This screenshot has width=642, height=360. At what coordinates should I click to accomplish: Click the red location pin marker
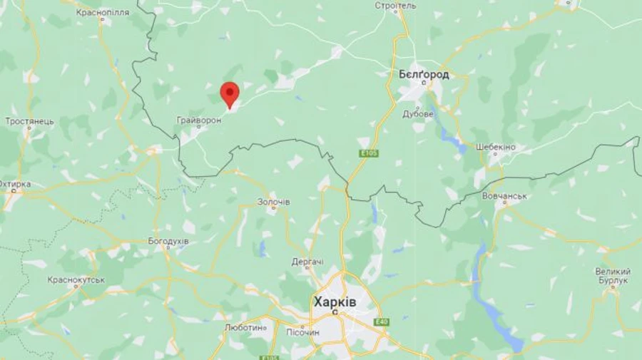[x=229, y=93]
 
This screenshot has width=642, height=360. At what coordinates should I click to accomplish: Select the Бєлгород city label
[x=424, y=74]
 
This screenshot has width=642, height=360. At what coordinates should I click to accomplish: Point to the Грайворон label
[x=199, y=120]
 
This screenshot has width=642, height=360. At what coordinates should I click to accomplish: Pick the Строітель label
[x=394, y=6]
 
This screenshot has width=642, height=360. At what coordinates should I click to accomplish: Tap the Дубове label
[x=418, y=113]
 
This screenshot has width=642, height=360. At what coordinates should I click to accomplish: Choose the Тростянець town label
[x=29, y=121]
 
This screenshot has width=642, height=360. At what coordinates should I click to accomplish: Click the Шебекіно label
[x=492, y=147]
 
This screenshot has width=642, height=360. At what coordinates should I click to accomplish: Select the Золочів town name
[x=274, y=202]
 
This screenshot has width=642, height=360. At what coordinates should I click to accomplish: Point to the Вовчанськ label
[x=504, y=195]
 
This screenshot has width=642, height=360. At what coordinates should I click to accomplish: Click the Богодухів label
[x=168, y=241]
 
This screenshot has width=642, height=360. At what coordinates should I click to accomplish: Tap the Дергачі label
[x=307, y=262]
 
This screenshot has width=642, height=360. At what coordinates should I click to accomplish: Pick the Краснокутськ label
[x=77, y=280]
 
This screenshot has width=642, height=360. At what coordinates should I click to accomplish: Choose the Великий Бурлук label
[x=613, y=276]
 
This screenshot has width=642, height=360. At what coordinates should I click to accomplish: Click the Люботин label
[x=245, y=328]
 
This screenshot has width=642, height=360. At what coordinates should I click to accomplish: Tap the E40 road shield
[x=382, y=322]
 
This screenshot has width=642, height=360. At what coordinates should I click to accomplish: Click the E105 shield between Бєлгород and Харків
[x=370, y=153]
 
